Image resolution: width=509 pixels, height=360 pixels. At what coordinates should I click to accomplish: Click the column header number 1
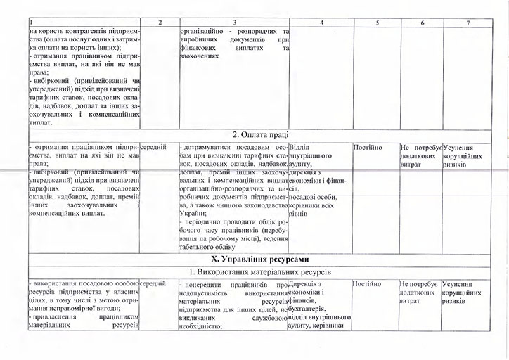coord(31,24)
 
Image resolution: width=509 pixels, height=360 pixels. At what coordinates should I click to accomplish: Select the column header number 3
coord(233,24)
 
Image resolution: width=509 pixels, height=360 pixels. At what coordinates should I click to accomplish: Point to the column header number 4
coord(320,24)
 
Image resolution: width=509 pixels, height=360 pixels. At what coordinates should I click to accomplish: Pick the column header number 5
coord(377,24)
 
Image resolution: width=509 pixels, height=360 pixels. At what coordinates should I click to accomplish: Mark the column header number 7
coord(468,24)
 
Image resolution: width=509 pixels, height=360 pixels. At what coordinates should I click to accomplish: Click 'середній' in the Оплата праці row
coord(153,146)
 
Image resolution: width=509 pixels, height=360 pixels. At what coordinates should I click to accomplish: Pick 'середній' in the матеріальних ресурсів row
coord(153,283)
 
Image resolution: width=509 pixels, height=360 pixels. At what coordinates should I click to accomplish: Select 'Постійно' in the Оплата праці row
coord(368,147)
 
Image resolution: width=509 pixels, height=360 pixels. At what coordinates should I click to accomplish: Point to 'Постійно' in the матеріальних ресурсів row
coord(368,283)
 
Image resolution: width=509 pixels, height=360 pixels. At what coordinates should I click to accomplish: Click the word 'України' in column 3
coord(193,212)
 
